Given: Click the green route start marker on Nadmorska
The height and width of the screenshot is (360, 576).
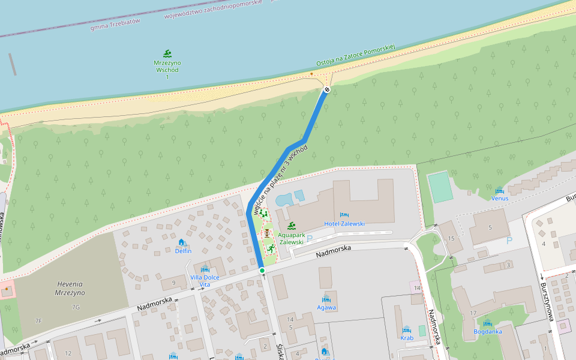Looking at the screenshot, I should [x=262, y=271].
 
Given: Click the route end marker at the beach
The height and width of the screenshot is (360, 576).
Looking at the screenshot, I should [x=327, y=90].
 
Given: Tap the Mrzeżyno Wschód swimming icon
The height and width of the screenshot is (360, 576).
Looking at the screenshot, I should [x=167, y=54].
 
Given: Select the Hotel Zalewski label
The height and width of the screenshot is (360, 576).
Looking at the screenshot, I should [x=344, y=224].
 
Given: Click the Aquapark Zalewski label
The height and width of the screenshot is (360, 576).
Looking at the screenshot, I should [x=291, y=238].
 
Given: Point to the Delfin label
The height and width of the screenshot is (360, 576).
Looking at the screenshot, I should [x=183, y=251].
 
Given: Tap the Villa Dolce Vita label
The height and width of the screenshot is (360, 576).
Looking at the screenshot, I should [x=205, y=280].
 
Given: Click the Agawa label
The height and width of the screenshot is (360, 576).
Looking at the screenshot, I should [x=326, y=307].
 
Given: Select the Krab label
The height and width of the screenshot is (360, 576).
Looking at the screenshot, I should [x=407, y=338].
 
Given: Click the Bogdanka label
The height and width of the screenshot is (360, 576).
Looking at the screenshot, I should [x=487, y=331].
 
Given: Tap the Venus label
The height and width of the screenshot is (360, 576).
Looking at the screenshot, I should [x=500, y=198].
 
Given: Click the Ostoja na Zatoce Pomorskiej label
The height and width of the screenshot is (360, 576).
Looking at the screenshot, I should [x=355, y=55].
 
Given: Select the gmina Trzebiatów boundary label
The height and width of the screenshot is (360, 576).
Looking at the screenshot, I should [x=115, y=24].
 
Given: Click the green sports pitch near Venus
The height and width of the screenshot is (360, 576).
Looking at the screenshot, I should [x=440, y=187].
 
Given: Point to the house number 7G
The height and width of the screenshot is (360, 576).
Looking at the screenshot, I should [x=76, y=307].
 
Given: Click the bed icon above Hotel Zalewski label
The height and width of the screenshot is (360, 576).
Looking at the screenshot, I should [x=344, y=215].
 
